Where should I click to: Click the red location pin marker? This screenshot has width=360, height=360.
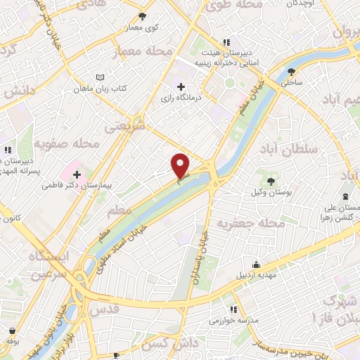(x=181, y=165)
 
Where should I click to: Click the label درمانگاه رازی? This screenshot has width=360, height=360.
(x=181, y=98)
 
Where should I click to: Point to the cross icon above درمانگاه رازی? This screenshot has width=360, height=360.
(x=181, y=86)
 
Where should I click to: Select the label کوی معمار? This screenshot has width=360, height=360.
(x=143, y=27)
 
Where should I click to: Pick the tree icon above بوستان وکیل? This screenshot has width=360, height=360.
(x=271, y=181)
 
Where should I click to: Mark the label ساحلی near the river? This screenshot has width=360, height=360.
(x=292, y=82)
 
